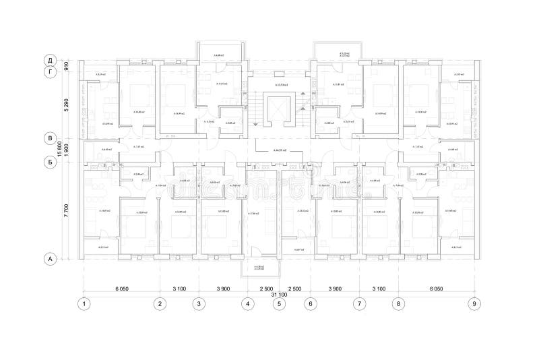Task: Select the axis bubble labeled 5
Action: point(279,303)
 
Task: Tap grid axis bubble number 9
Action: point(476,303)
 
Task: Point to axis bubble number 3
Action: point(199,303)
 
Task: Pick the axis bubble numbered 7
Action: point(359,303)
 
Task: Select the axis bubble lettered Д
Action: point(49,59)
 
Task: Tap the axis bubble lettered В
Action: point(49,138)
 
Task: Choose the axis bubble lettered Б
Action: point(49,162)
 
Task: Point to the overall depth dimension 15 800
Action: point(60,150)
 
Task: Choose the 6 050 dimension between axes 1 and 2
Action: point(121,288)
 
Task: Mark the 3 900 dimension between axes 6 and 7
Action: point(335,288)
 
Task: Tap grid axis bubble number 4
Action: point(248,303)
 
